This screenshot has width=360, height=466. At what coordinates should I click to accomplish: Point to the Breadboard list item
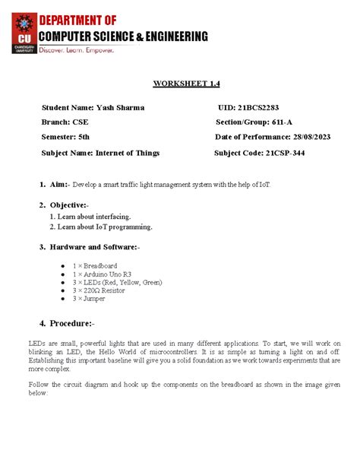pos(94,265)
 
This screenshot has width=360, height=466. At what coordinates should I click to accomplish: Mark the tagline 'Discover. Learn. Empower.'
pos(87,50)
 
